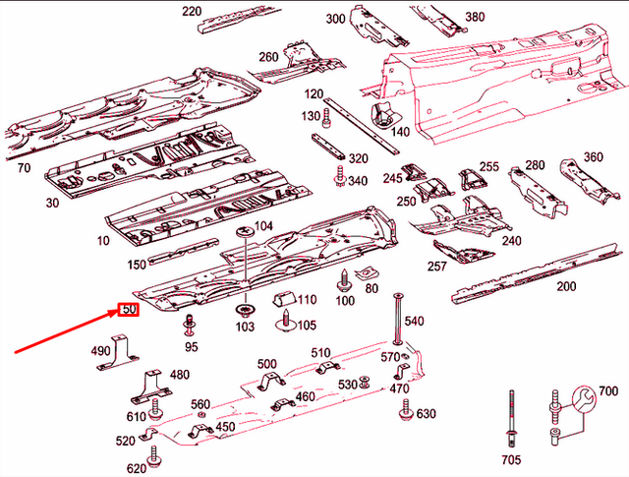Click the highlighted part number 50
(x=129, y=310)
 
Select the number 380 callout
(x=475, y=17)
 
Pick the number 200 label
(x=565, y=286)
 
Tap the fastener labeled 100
(x=345, y=279)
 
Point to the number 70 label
(x=23, y=168)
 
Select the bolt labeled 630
(x=404, y=414)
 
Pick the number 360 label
(x=593, y=156)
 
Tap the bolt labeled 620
(x=152, y=457)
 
